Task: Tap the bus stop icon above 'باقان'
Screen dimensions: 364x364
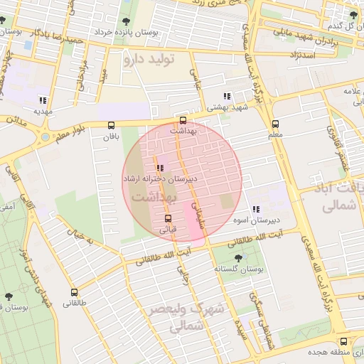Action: click(110, 125)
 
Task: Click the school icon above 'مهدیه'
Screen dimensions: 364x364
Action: click(43, 100)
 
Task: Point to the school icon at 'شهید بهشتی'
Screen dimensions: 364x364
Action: click(227, 96)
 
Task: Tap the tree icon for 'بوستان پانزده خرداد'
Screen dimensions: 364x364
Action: click(126, 21)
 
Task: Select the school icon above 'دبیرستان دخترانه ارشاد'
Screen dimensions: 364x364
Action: click(158, 167)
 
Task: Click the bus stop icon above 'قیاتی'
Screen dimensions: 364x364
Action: click(168, 218)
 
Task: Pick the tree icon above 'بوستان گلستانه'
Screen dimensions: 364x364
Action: click(237, 258)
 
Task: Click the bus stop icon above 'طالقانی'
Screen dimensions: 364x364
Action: click(74, 291)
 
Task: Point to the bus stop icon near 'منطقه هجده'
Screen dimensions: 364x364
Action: click(344, 341)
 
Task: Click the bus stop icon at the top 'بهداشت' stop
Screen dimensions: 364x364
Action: click(183, 120)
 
